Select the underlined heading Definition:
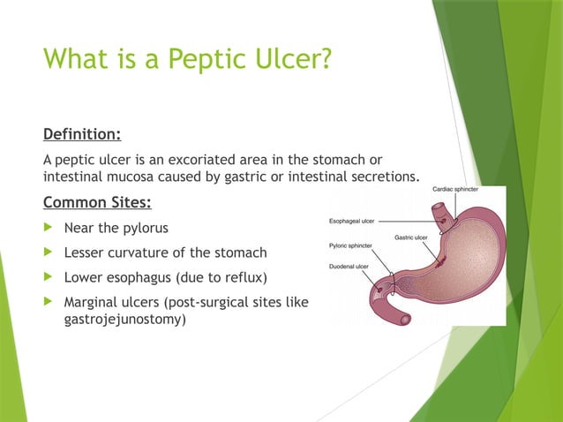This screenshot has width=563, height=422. point(82,134)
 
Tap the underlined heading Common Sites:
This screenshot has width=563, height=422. point(97,202)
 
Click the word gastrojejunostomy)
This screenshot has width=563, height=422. point(124,319)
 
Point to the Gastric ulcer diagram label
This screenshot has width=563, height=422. point(411,237)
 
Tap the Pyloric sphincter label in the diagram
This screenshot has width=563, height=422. point(350,245)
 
